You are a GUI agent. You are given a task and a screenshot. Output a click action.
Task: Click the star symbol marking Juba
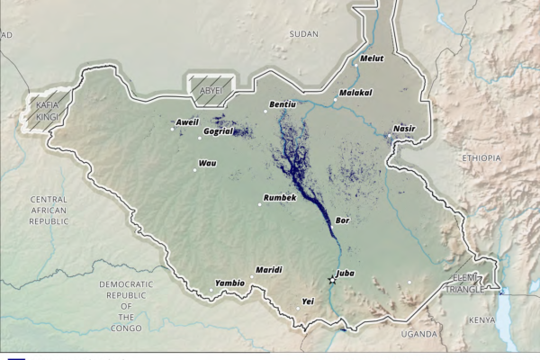point(332,281)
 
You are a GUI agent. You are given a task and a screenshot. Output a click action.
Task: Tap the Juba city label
point(344,273)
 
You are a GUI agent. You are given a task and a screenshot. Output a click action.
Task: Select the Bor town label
point(342,220)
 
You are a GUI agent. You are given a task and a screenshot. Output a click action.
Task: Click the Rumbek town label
point(279,197)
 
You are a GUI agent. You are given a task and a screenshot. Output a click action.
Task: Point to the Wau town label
point(208,163)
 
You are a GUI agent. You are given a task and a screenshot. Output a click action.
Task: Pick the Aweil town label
point(187,121)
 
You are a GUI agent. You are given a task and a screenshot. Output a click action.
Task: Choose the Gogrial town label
point(219,131)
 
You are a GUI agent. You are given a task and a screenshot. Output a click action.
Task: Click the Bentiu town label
point(283,105)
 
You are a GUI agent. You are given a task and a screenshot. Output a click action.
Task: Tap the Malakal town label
point(355,92)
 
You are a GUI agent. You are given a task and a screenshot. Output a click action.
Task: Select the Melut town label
point(372,59)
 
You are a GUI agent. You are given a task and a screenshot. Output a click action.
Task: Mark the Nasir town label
point(405,129)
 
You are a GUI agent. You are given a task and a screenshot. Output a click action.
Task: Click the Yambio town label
point(229,283)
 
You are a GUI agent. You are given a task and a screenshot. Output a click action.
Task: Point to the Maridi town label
point(269,270)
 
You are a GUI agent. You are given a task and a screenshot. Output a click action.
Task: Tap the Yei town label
point(308,301)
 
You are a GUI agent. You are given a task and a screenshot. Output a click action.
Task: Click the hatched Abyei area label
point(209,91)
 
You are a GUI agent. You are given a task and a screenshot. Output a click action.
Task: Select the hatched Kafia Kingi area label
point(48,112)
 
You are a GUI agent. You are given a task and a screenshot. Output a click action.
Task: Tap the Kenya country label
point(482,320)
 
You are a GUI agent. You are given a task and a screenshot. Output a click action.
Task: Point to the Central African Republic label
point(49,210)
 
